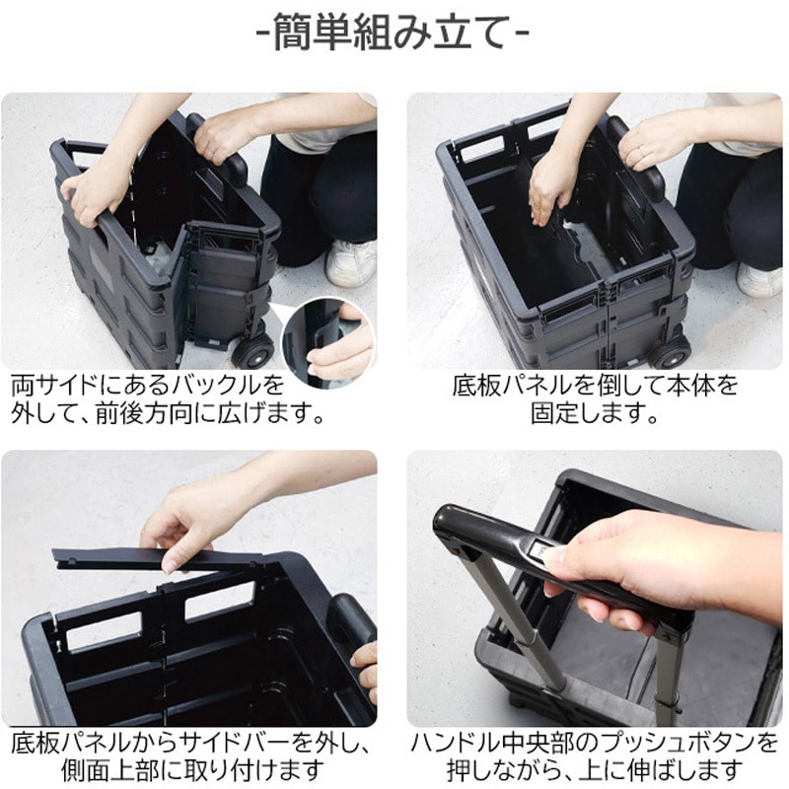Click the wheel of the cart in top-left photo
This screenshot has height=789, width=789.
[254, 351]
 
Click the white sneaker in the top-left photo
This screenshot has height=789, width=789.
[350, 262]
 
